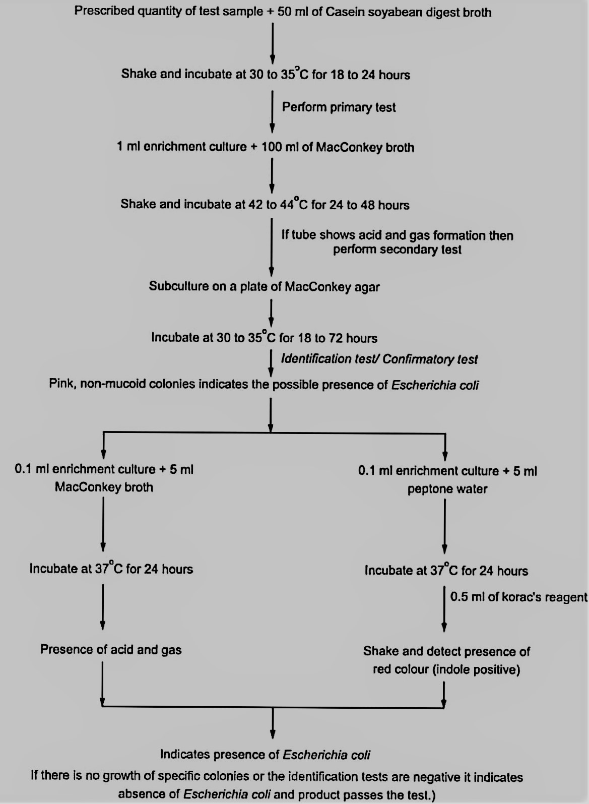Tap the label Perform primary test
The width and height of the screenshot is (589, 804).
tap(339, 107)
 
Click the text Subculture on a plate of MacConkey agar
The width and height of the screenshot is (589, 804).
tap(264, 286)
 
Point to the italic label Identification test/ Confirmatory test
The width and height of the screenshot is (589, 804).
tap(379, 359)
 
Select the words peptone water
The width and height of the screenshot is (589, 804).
tap(447, 489)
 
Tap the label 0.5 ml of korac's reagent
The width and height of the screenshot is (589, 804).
tap(518, 597)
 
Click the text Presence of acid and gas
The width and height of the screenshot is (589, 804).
tap(111, 649)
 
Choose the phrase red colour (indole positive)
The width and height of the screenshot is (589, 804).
tap(446, 669)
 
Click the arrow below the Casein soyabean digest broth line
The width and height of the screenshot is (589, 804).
tap(273, 43)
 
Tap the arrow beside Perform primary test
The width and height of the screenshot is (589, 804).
tap(273, 111)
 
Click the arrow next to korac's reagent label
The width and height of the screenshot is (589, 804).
tap(444, 609)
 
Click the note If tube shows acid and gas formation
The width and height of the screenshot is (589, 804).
tap(397, 242)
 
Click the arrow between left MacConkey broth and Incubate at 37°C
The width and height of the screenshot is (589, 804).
tap(103, 524)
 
